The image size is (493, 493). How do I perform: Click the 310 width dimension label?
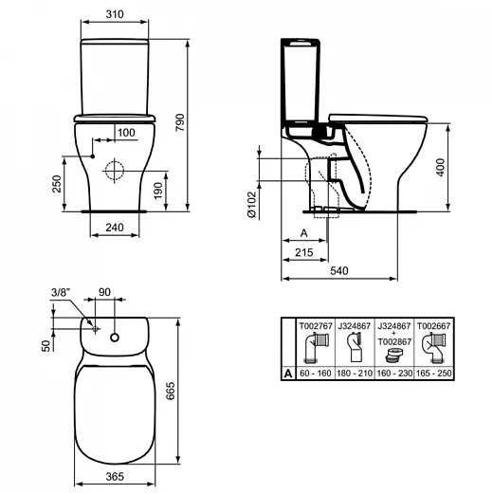[115, 14]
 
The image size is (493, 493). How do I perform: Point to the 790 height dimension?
[179, 122]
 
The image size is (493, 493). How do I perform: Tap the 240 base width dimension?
[115, 228]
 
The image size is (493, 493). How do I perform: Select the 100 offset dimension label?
[126, 133]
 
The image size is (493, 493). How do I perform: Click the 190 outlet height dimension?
[158, 191]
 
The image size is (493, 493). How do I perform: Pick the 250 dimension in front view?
[57, 184]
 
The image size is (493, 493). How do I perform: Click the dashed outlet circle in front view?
[115, 171]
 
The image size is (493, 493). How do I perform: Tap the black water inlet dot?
[93, 156]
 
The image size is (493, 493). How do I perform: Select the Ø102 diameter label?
[252, 205]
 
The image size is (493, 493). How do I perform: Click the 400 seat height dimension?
[440, 167]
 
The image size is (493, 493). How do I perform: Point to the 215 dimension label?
[304, 252]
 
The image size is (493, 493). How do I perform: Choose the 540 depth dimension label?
[339, 271]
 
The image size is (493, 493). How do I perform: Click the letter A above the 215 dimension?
[303, 233]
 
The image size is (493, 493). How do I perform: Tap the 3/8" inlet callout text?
[61, 293]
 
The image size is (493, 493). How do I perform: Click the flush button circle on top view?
[115, 338]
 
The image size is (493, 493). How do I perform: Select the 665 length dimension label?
[171, 391]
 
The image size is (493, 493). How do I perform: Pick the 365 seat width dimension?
[115, 477]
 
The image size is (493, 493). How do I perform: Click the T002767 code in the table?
[316, 326]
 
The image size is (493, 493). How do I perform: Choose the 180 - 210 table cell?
[355, 374]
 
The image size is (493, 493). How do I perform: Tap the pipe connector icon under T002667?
[434, 348]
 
